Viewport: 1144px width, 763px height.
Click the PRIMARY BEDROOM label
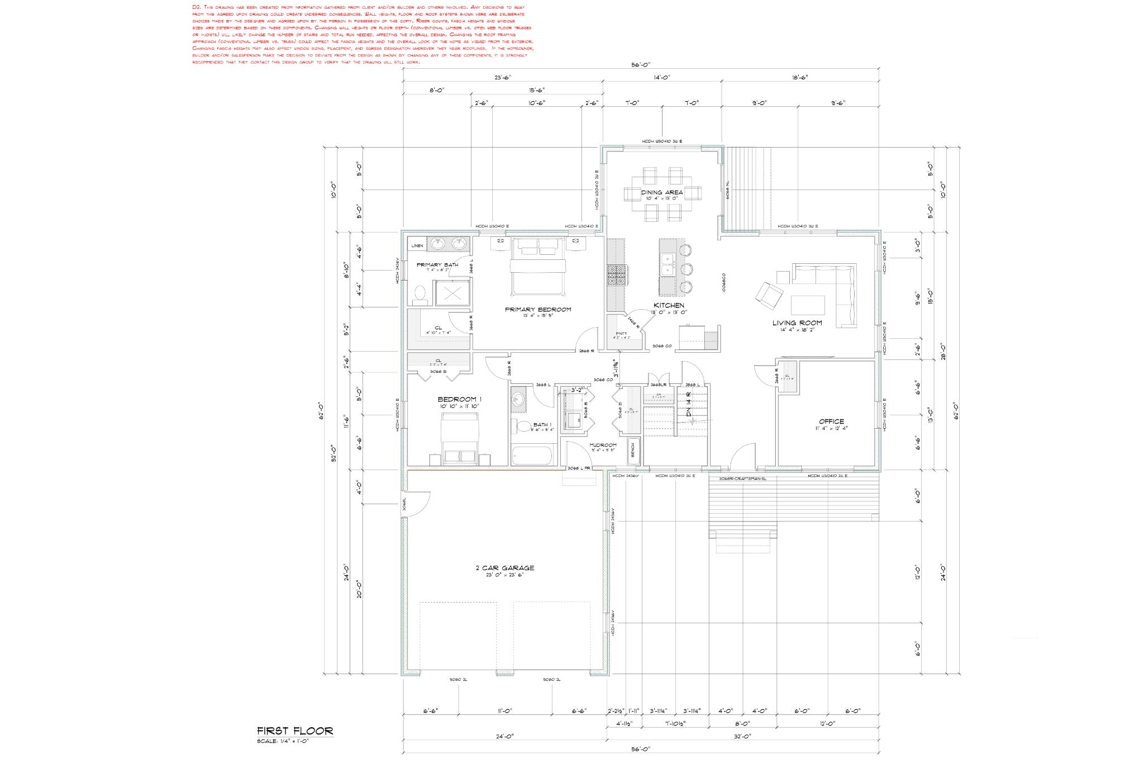538,309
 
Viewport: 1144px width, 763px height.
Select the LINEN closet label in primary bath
417,245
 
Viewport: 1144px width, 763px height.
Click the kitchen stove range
617,275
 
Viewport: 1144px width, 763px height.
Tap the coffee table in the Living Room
808,305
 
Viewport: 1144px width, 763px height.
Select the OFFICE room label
831,421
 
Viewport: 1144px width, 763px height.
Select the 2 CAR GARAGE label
505,568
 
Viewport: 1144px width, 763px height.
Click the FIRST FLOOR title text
295,731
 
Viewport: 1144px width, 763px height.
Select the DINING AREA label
662,192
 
